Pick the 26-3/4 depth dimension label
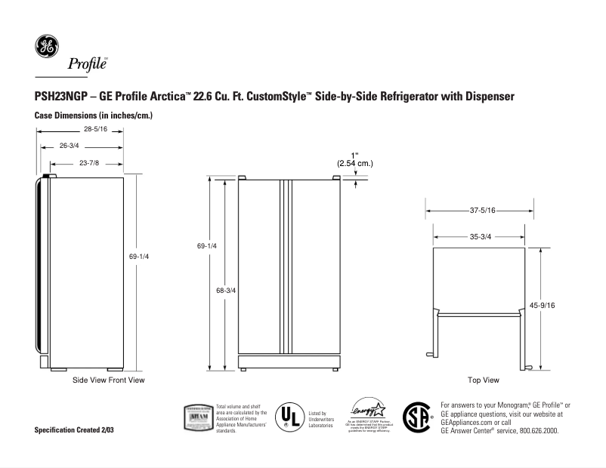point(69,145)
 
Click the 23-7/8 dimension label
point(89,162)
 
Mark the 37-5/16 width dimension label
point(481,211)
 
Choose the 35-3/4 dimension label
point(481,236)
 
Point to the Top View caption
point(483,380)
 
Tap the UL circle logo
point(288,416)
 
